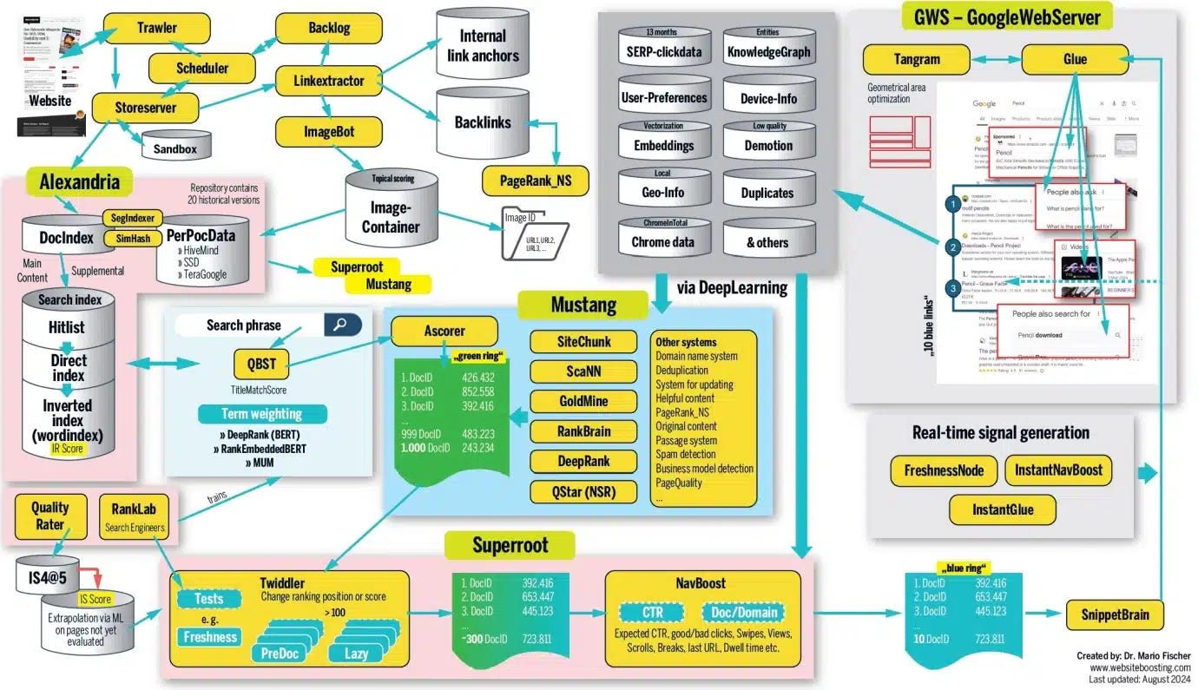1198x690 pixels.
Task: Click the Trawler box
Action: coord(157,28)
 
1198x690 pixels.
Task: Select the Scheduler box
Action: coord(201,68)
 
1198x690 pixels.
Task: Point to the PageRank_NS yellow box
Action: coord(536,181)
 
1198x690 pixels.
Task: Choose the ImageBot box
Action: coord(328,132)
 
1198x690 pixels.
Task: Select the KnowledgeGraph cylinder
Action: coord(767,49)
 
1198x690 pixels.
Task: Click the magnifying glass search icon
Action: coord(342,325)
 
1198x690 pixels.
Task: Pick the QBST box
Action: coord(261,364)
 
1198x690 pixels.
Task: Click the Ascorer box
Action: coord(444,331)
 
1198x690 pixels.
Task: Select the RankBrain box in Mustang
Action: coord(583,430)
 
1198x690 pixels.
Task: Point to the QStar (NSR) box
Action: coord(583,491)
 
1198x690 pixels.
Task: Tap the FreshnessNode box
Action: coord(944,470)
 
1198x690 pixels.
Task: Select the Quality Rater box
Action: coord(50,516)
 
